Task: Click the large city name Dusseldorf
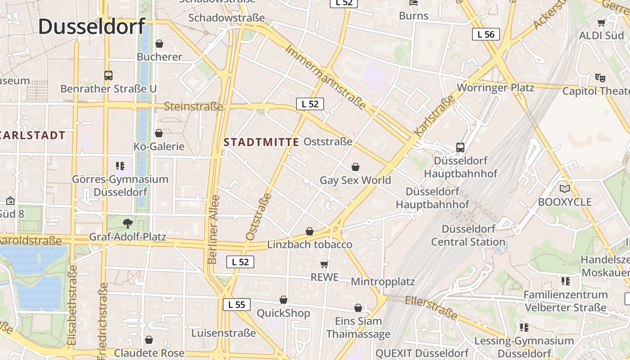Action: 92,27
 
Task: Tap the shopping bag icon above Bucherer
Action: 159,44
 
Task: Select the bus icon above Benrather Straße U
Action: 108,75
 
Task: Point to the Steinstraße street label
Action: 193,107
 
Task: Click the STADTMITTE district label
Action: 261,142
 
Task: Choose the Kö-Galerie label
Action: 159,146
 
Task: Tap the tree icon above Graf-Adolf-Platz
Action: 128,223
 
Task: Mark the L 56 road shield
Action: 486,34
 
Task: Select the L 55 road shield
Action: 236,305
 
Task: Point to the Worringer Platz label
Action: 495,87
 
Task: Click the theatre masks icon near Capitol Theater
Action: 600,77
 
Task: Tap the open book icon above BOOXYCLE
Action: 564,189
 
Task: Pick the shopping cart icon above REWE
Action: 324,264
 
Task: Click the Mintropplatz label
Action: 382,282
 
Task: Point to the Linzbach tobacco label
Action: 310,245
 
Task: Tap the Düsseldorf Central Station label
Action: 468,235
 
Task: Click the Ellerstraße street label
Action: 431,307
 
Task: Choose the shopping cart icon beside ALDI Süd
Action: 601,22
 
